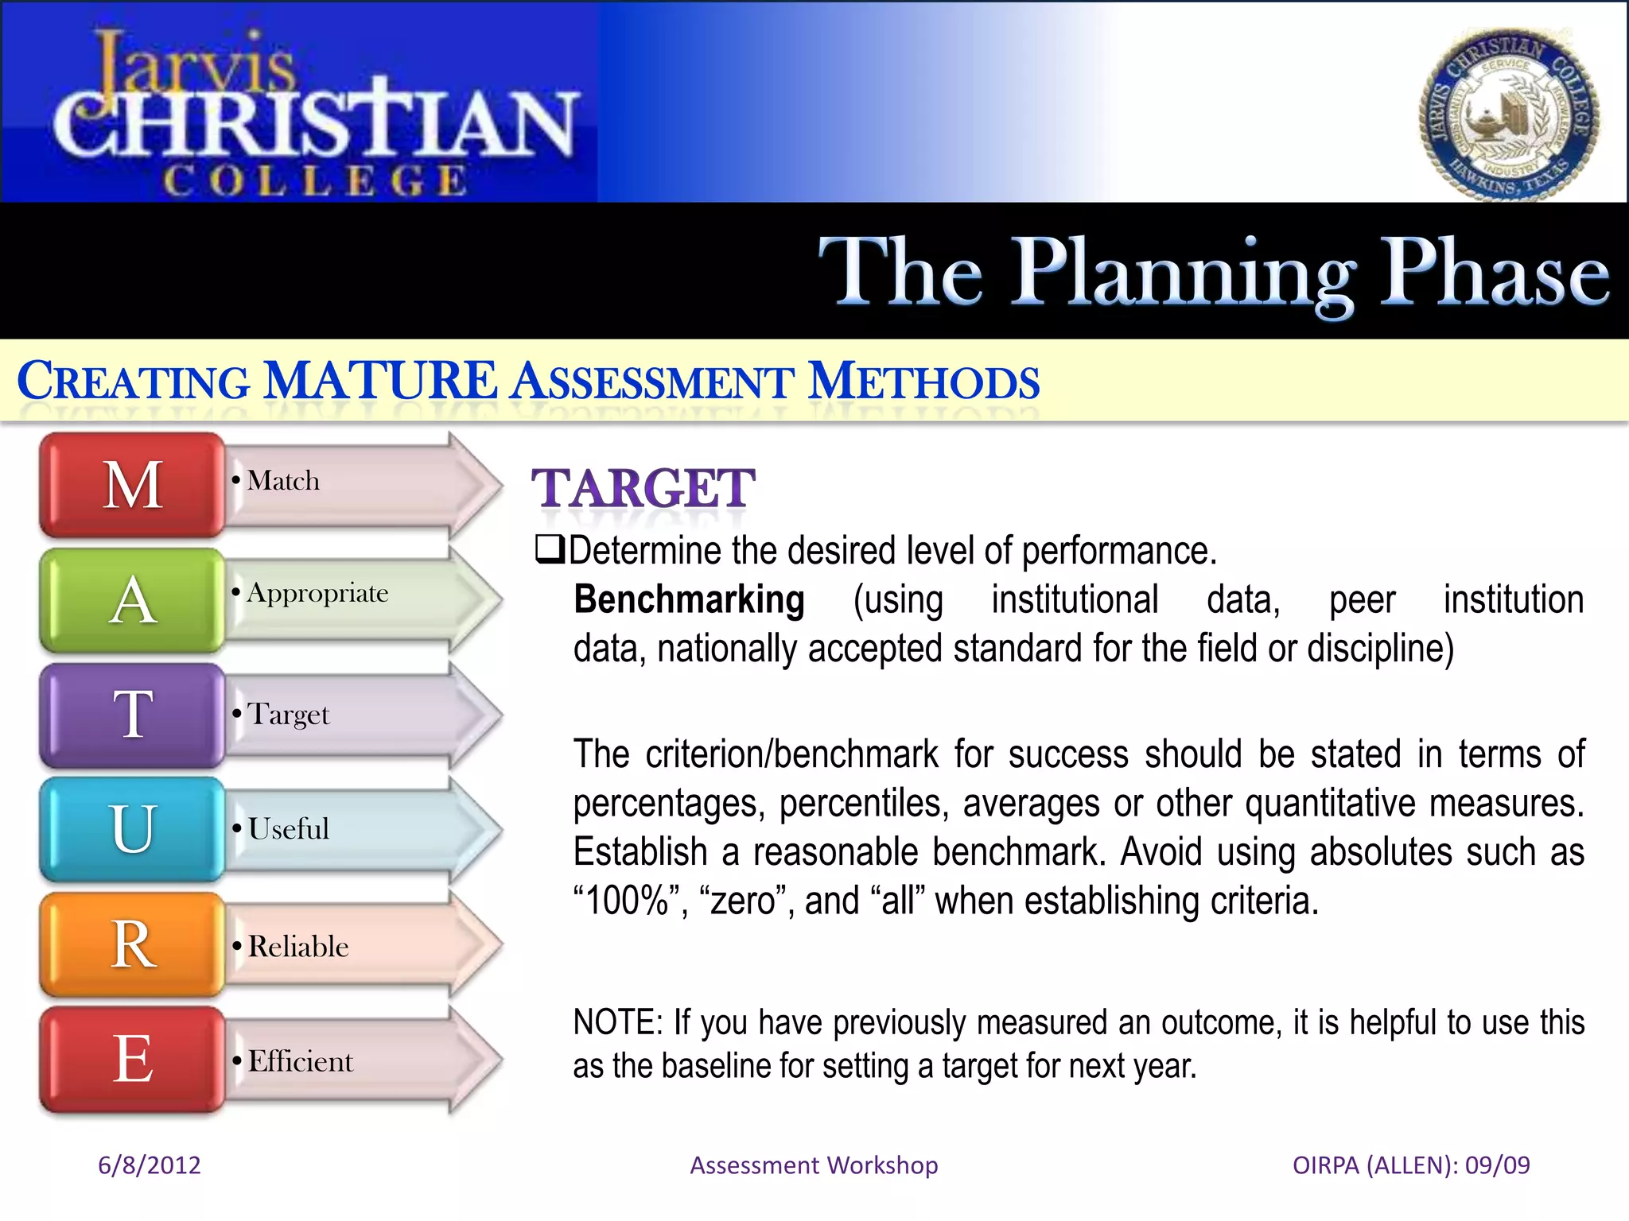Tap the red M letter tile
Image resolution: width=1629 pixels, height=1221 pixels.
coord(132,485)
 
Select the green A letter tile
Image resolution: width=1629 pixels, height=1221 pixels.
coord(132,600)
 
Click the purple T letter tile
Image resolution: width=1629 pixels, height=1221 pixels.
coord(132,715)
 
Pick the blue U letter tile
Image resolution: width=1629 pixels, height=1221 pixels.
coord(132,829)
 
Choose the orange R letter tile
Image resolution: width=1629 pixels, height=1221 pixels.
coord(132,944)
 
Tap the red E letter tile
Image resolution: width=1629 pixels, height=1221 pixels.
coord(132,1059)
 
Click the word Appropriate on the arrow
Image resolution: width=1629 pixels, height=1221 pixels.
coord(317,594)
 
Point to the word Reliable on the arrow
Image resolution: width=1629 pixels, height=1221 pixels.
coord(298,947)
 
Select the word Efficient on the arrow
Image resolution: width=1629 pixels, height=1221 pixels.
coord(300,1062)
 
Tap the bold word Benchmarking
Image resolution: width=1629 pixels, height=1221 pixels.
coord(689,599)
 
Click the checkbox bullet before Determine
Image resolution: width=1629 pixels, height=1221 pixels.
coord(549,549)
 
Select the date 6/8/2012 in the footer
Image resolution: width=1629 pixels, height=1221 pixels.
coord(149,1165)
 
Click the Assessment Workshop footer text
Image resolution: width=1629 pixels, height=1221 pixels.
coord(814,1165)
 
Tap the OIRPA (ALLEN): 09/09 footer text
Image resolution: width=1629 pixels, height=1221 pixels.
coord(1411,1165)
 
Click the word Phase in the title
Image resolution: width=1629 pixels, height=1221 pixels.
coord(1494,272)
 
